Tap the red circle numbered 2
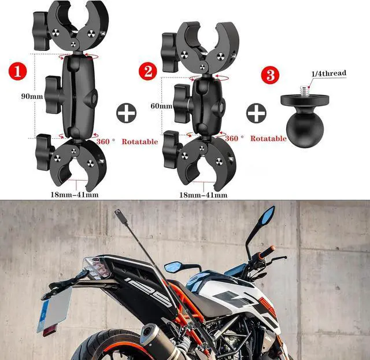pyautogui.click(x=147, y=72)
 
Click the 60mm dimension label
pyautogui.click(x=161, y=106)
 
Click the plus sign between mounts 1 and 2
pyautogui.click(x=126, y=113)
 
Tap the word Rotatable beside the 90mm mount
pyautogui.click(x=139, y=142)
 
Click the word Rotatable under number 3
pyautogui.click(x=268, y=139)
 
